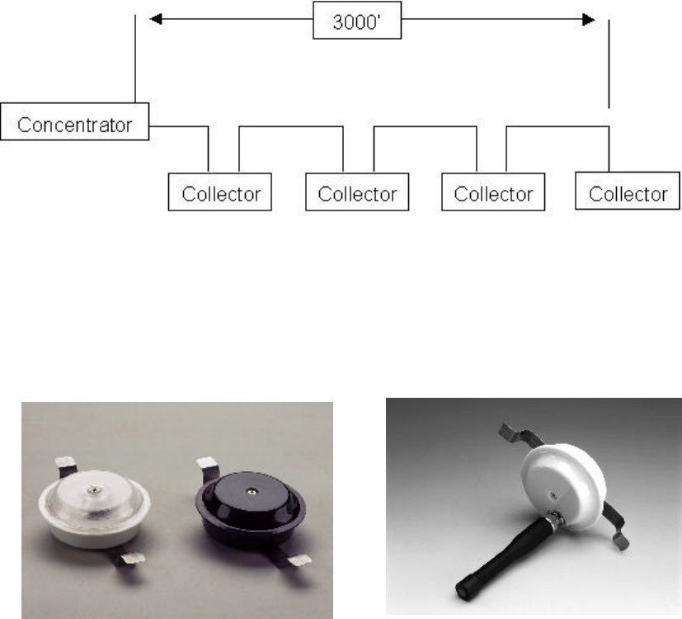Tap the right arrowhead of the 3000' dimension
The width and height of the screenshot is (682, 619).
pos(589,18)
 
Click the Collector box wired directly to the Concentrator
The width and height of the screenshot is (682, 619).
pos(220,194)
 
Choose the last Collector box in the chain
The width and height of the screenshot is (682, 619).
pos(628,194)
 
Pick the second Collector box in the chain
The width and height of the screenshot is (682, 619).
pos(357,194)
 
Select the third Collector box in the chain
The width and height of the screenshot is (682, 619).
pos(493,194)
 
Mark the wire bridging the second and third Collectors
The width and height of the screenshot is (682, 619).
pos(425,128)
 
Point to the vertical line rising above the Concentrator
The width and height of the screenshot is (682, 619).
pos(134,58)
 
